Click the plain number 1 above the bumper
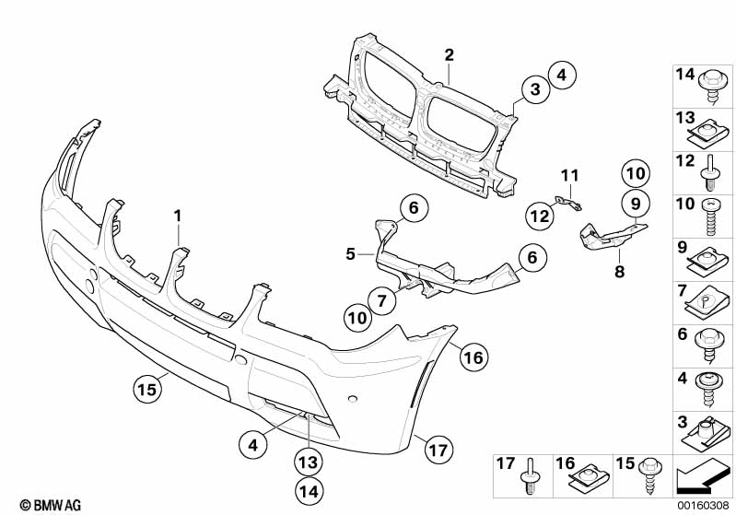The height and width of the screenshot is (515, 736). coord(178,217)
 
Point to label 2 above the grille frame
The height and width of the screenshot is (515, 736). coord(450,55)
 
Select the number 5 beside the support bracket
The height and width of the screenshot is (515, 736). coord(350,254)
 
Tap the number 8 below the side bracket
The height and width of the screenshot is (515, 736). coord(620,271)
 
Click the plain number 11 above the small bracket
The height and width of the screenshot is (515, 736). coord(570,176)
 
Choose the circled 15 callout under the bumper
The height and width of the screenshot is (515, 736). coord(146,389)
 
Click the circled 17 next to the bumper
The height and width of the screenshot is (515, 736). coord(438,451)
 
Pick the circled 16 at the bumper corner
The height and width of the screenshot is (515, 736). coord(473,357)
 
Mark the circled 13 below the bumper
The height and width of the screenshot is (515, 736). coord(309,462)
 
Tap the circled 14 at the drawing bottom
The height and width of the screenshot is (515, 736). coord(309,492)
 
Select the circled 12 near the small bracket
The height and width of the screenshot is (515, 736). coord(539,216)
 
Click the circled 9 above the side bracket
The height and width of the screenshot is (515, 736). coord(636,204)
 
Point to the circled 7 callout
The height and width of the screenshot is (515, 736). coord(381,300)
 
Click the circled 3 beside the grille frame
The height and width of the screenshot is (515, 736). coord(535,88)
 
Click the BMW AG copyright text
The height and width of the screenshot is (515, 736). coord(51,505)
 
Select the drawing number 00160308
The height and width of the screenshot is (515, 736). coord(703,506)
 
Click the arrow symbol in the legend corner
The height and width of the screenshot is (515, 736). coord(701,476)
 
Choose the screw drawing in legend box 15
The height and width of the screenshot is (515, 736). coord(650,474)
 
